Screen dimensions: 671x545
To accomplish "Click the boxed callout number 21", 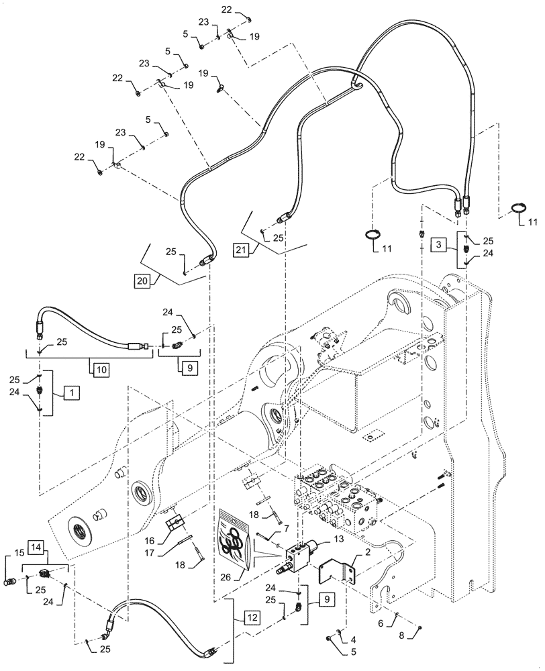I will coord(241,250).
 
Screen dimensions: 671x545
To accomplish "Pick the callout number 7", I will coord(267,529).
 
